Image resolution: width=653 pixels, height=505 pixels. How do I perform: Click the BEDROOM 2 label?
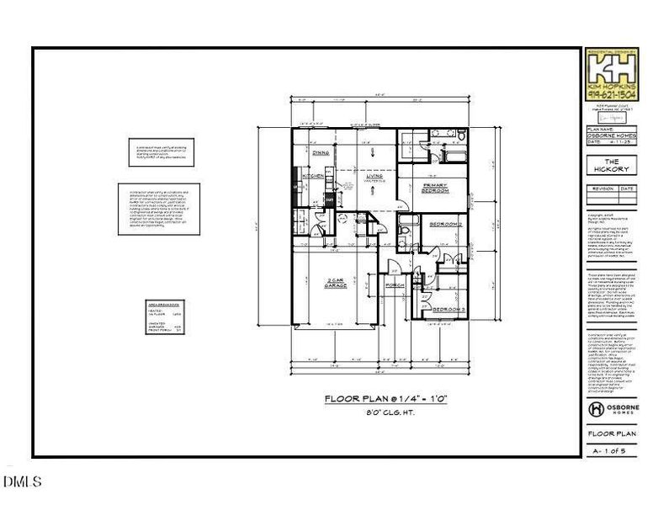(x=447, y=225)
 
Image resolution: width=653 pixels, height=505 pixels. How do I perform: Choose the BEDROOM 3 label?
(x=449, y=311)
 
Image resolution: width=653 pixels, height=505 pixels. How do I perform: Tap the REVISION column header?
(x=602, y=189)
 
